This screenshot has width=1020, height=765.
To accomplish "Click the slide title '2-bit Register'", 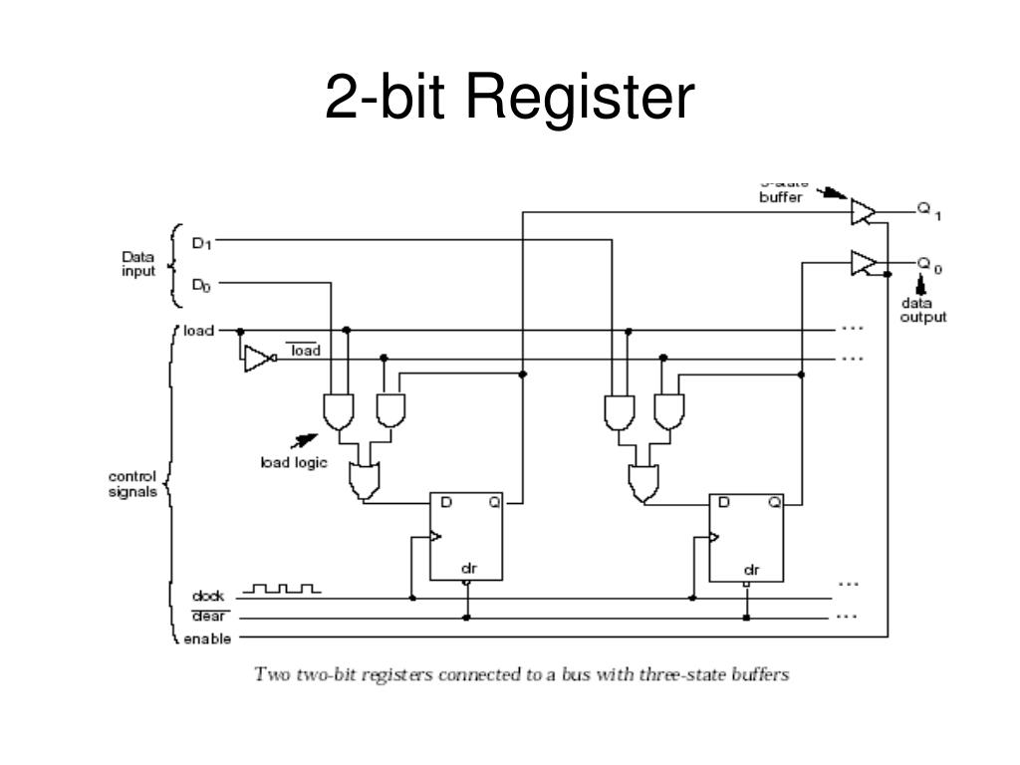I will coord(509,99).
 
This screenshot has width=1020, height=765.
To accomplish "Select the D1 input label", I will coord(201,242).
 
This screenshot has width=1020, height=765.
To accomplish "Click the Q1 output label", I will coord(928,211).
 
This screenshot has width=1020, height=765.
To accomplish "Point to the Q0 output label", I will coord(928,265).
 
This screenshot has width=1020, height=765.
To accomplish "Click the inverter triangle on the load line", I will coord(257,359).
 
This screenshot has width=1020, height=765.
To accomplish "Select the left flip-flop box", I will coord(466,536).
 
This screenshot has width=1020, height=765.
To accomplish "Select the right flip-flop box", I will coord(745,536).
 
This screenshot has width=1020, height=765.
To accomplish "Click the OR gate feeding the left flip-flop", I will coord(363,482).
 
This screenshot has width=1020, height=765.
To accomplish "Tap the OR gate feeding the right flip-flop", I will coord(642,483).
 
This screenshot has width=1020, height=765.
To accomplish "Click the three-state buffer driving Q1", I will coord(863,211).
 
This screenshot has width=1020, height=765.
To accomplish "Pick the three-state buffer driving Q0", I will coord(863,264).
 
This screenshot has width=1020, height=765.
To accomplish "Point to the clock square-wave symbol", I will coord(282,590).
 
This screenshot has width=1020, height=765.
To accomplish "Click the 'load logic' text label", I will coord(294,462).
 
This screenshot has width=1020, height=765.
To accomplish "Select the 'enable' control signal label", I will coord(206,638).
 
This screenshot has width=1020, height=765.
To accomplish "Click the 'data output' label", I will coord(923,310).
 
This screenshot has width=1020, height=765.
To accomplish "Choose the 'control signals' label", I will coord(132,484).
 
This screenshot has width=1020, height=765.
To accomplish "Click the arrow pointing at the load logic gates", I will coord(303,439).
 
